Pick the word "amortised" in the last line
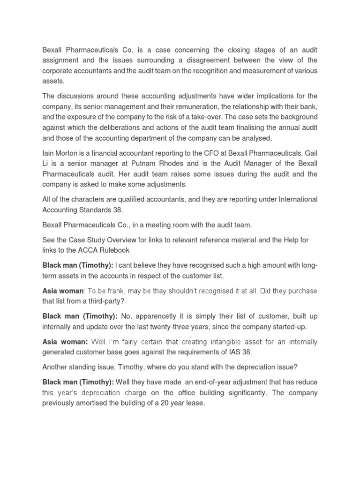click(95, 402)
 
